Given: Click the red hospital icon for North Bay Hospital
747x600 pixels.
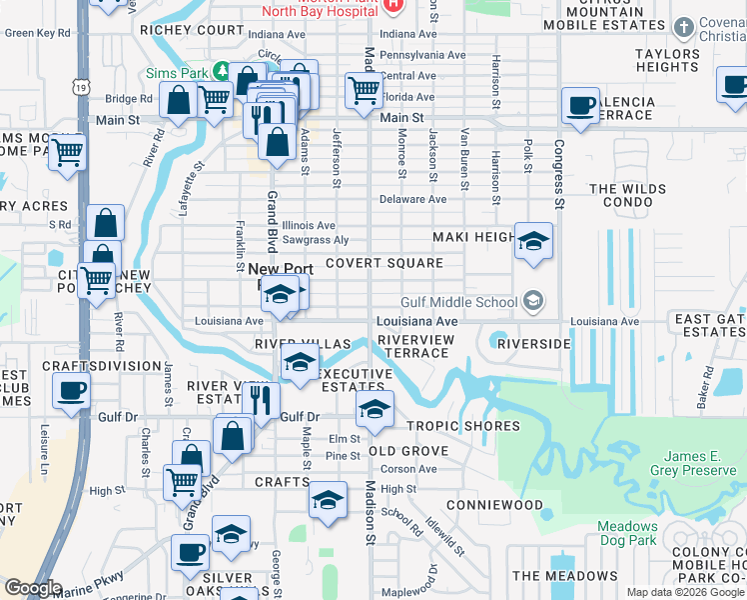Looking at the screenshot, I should point(393,4).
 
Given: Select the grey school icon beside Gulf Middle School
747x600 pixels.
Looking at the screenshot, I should point(533,301).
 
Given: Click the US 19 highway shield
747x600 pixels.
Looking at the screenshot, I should point(79,89).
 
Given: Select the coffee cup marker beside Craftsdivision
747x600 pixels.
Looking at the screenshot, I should point(72,391).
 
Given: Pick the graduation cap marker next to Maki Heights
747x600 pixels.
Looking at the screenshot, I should point(533,241).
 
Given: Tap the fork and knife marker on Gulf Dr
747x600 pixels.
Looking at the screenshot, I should point(261,400).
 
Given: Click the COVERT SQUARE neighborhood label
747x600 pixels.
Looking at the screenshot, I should point(383,263).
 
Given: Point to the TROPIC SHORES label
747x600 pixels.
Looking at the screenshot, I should point(463,426).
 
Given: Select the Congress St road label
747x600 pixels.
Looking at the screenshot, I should point(560,176).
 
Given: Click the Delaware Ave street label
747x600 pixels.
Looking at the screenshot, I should point(412,199).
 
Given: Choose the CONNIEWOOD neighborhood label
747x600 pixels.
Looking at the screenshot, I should point(494,505).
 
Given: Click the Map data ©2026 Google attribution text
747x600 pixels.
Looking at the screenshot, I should point(685,591).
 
